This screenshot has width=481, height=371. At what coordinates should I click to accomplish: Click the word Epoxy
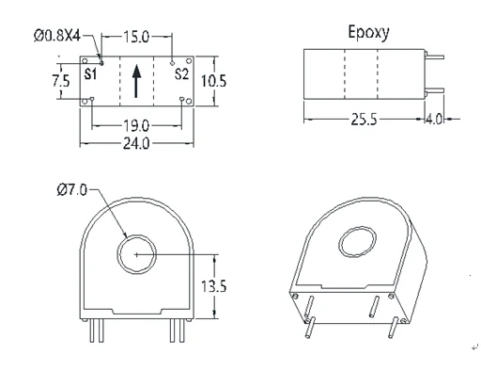pyautogui.click(x=368, y=33)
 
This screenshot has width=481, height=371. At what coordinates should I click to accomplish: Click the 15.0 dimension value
pyautogui.click(x=136, y=37)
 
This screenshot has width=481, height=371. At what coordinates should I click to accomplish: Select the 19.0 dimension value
pyautogui.click(x=136, y=126)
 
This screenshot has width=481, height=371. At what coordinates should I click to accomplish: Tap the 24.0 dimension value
pyautogui.click(x=136, y=144)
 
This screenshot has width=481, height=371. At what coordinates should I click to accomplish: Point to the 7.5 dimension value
pyautogui.click(x=61, y=81)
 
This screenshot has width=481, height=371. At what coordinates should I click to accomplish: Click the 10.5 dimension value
pyautogui.click(x=213, y=81)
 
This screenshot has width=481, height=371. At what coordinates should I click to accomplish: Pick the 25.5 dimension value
pyautogui.click(x=364, y=120)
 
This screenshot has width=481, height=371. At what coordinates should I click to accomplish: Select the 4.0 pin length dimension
pyautogui.click(x=435, y=120)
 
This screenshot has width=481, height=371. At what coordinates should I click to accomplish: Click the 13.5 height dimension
pyautogui.click(x=213, y=286)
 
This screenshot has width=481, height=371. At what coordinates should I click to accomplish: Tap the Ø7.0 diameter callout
pyautogui.click(x=72, y=190)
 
